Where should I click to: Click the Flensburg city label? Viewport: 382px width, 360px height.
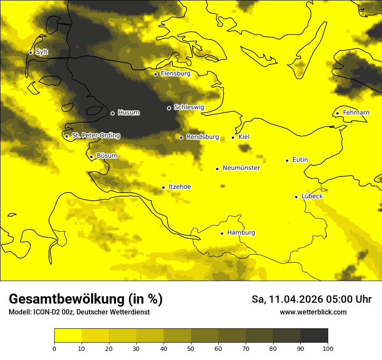coord(175,74)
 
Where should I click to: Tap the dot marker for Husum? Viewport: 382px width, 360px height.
coord(112,113)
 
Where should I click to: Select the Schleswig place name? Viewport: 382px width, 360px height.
coord(189,107)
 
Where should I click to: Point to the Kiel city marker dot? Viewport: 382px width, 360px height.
coord(233,137)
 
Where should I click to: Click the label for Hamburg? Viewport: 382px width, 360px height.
coord(241,233)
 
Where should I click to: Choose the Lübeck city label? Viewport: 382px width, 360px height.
coord(312,196)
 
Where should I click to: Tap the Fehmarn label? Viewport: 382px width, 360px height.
coord(356,113)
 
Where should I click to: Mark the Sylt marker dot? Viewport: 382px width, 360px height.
coord(30,52)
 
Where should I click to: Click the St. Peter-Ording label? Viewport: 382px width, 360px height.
coord(95,136)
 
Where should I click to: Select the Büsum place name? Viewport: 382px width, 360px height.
coord(107,156)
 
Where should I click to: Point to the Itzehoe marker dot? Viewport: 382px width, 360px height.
coord(163,187)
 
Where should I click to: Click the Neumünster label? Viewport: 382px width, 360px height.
coord(241,168)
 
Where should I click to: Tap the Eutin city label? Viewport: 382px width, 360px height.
coord(300,160)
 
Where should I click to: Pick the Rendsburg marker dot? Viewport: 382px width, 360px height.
coord(181,137)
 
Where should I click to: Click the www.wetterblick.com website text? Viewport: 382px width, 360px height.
coord(313,312)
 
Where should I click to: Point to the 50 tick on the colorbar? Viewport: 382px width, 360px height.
coord(191,348)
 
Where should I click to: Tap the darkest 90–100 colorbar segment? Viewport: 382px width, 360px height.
coord(314,336)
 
